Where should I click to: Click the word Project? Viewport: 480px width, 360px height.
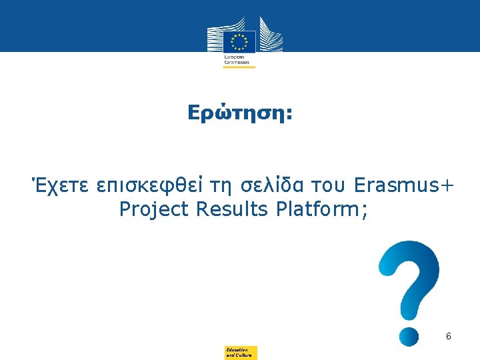pyautogui.click(x=155, y=210)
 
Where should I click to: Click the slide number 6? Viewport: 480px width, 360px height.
pyautogui.click(x=449, y=337)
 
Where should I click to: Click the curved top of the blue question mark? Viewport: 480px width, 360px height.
pyautogui.click(x=410, y=257)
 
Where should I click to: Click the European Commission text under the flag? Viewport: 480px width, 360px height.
pyautogui.click(x=235, y=60)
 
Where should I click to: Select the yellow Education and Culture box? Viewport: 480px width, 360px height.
pyautogui.click(x=241, y=353)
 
